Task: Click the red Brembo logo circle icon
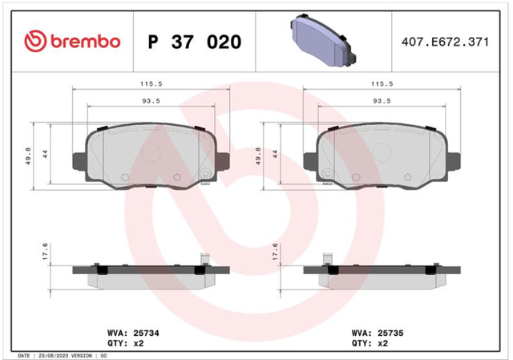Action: tap(35, 41)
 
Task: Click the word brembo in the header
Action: tap(86, 42)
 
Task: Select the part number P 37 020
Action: tap(195, 42)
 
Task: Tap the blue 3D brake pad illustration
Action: tap(323, 40)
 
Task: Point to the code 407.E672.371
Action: tap(445, 42)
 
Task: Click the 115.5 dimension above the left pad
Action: tap(151, 83)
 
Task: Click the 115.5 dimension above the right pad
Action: tap(382, 83)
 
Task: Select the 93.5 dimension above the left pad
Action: tap(151, 101)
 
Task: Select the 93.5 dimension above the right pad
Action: tap(382, 101)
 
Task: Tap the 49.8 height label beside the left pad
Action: tap(28, 156)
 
